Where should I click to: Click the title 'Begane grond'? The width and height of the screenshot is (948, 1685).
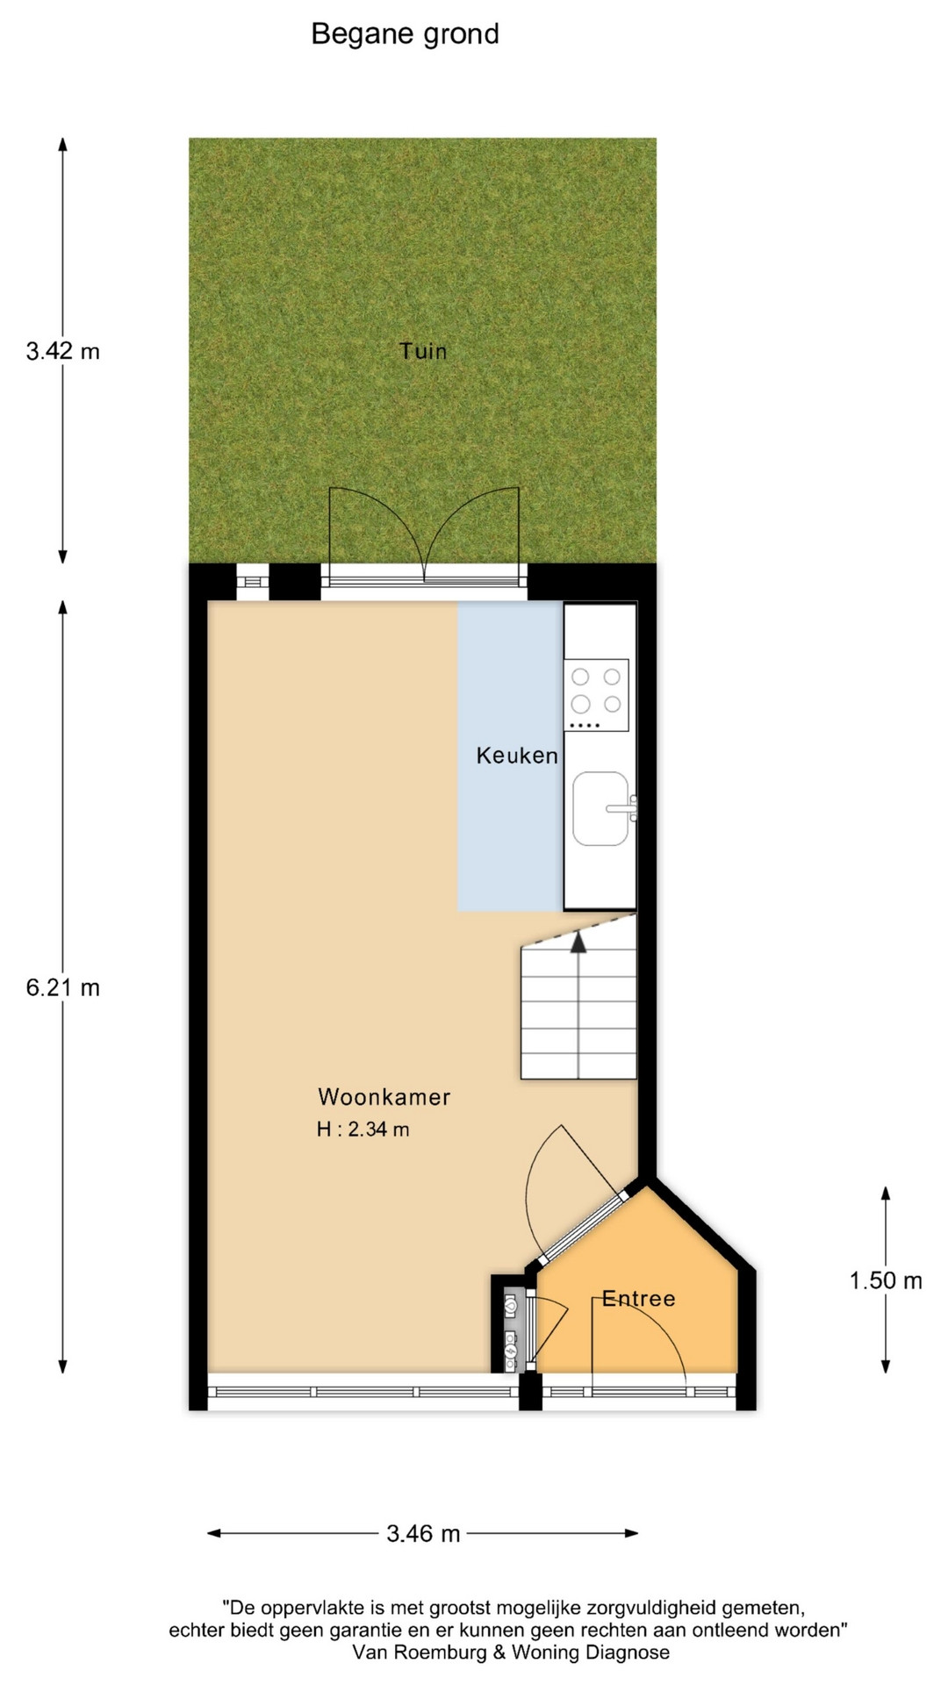[x=405, y=34]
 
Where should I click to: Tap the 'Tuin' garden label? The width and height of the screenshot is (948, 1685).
[x=423, y=351]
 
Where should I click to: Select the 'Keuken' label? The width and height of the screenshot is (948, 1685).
[x=517, y=756]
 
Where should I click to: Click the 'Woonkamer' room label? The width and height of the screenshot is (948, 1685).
[x=384, y=1097]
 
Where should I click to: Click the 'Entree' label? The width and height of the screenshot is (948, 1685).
[x=638, y=1299]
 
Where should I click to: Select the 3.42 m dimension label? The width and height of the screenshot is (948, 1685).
[x=63, y=352]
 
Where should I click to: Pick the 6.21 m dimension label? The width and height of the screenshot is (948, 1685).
[x=63, y=988]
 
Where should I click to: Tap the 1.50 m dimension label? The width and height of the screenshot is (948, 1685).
[x=886, y=1281]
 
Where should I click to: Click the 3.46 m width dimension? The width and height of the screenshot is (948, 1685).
[x=423, y=1533]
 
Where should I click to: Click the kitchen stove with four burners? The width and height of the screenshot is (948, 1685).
[x=596, y=695]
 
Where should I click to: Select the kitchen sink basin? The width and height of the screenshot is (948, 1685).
[x=601, y=808]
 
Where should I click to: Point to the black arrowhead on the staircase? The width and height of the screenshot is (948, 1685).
[x=578, y=942]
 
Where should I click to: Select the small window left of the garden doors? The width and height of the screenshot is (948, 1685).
[x=253, y=581]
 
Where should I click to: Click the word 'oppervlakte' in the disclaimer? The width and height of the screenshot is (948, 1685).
[x=309, y=1609]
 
